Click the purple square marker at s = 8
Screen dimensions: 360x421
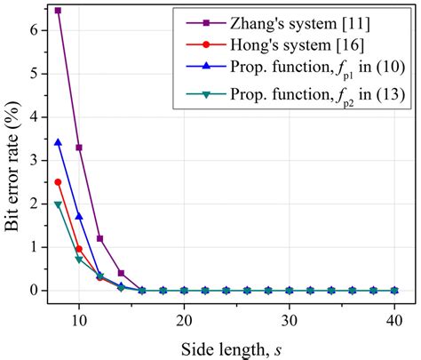(x=58, y=11)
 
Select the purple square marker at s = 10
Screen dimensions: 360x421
(x=79, y=148)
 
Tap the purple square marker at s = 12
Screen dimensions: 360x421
(x=99, y=238)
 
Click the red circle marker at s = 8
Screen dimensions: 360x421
(x=58, y=182)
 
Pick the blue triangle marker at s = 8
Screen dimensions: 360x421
(x=58, y=142)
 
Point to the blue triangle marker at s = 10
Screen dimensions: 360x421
(x=79, y=216)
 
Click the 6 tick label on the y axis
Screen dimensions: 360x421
(x=35, y=30)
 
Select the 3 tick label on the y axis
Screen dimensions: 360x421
(x=35, y=161)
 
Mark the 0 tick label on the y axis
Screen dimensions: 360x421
(x=35, y=291)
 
